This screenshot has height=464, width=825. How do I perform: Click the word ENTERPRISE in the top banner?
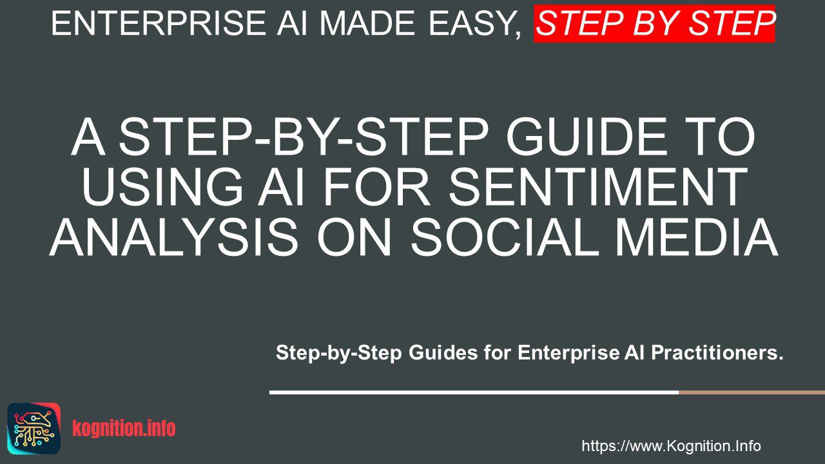tap(159, 24)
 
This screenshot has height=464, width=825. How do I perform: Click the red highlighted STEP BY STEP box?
tap(654, 24)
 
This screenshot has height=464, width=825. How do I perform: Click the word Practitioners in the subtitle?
tap(717, 353)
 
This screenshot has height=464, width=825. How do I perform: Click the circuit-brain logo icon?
tap(34, 429)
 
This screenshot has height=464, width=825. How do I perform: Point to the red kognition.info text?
tap(124, 429)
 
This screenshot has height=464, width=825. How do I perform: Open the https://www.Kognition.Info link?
tap(671, 446)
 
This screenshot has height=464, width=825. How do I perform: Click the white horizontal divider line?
tap(474, 392)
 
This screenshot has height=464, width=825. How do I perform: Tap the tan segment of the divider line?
tap(752, 392)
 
